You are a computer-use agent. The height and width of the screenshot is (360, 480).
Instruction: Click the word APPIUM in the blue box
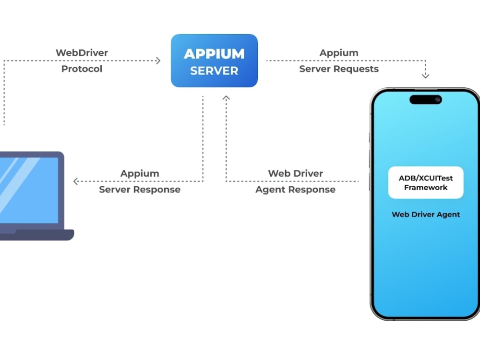click(214, 54)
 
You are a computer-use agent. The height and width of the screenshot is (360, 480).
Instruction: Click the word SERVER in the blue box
click(214, 71)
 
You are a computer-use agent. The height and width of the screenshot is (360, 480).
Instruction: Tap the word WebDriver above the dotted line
click(82, 53)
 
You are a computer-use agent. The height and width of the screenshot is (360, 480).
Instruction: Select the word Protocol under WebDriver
click(82, 69)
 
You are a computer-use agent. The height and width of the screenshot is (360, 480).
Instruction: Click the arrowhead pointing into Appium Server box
click(158, 60)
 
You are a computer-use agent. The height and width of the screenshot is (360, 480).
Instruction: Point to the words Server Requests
click(339, 69)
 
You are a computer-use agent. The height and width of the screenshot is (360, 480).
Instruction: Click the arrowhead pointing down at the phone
click(425, 75)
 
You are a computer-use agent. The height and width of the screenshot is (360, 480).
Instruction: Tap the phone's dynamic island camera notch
click(425, 99)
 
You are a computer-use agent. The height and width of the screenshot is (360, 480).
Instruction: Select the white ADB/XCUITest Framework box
click(425, 182)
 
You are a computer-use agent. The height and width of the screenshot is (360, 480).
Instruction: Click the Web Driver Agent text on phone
click(425, 215)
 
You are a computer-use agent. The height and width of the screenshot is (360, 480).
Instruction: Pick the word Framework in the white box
click(425, 188)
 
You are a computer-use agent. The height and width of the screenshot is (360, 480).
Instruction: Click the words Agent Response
click(295, 190)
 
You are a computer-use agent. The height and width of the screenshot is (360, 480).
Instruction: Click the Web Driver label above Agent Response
click(295, 173)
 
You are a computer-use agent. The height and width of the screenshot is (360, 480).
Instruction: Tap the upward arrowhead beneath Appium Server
click(226, 98)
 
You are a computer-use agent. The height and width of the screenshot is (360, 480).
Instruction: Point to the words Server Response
click(140, 190)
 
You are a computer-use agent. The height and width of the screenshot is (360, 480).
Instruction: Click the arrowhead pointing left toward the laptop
click(75, 181)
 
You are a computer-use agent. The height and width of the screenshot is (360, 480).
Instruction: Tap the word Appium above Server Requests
click(339, 53)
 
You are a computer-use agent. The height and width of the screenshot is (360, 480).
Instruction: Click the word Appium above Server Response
click(140, 173)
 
